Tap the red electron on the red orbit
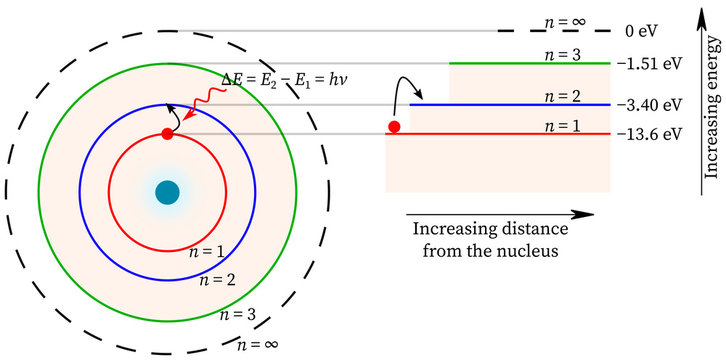[x=167, y=134]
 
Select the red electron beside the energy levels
[x=394, y=127]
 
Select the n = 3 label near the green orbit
[x=238, y=314]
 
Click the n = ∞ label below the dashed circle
[x=256, y=346]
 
